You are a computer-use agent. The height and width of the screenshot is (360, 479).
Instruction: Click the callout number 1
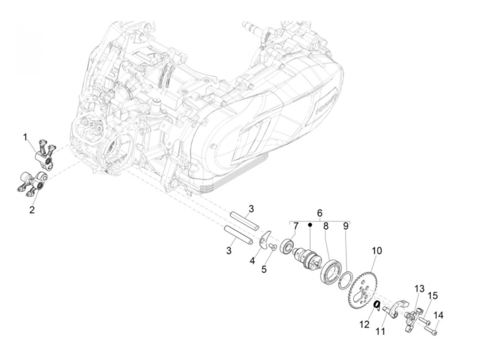pyautogui.click(x=25, y=138)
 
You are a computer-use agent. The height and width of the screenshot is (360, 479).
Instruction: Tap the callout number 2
pyautogui.click(x=32, y=210)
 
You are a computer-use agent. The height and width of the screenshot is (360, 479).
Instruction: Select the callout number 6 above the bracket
pyautogui.click(x=319, y=213)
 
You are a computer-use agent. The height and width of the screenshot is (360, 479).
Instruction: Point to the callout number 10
pyautogui.click(x=377, y=251)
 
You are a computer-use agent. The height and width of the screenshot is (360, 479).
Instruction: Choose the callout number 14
pyautogui.click(x=438, y=316)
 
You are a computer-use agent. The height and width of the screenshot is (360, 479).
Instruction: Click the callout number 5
pyautogui.click(x=264, y=270)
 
